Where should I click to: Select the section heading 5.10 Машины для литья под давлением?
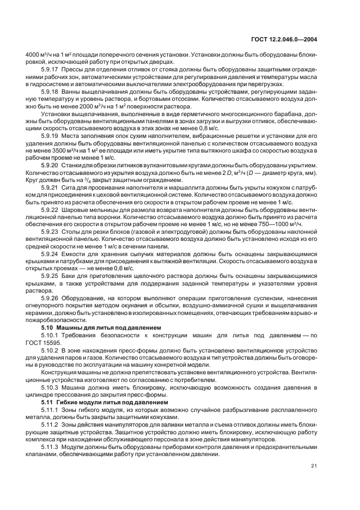click(x=101, y=328)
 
